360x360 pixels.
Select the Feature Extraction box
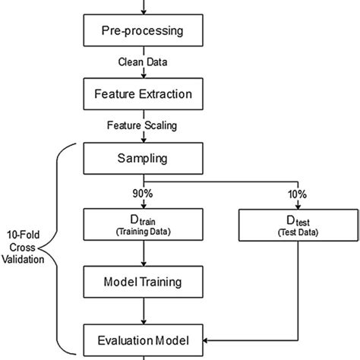(142, 96)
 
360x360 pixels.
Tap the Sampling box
(142, 160)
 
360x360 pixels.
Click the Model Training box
(142, 282)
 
